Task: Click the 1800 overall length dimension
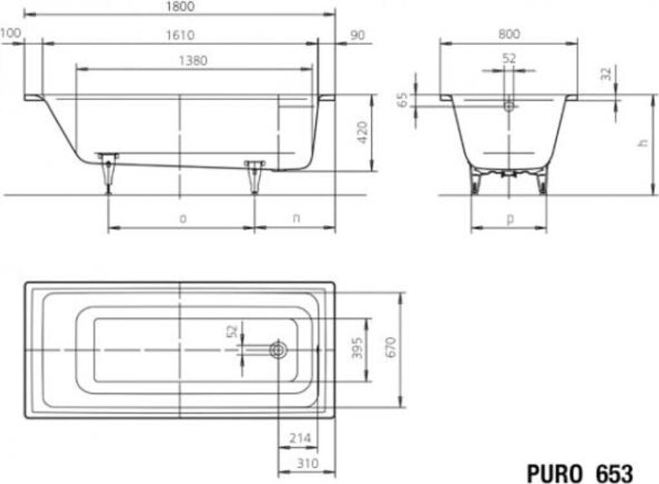pos(180,6)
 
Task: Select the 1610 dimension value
pos(180,35)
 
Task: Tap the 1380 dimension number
pos(193,61)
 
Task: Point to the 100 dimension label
pos(11,33)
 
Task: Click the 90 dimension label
pos(357,35)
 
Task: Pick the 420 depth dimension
pos(362,132)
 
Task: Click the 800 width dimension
pos(509,34)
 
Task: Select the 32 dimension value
pos(606,74)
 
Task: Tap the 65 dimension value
pos(403,100)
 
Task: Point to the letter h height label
pos(642,143)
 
